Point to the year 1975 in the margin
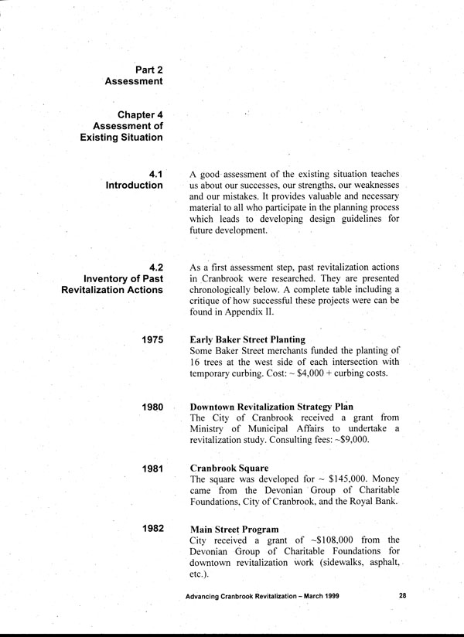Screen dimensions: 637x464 click(152, 339)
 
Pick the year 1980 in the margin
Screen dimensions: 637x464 click(152, 406)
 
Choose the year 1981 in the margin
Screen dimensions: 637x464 click(152, 469)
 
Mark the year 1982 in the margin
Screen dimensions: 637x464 click(152, 529)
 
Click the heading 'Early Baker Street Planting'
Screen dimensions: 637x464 click(247, 339)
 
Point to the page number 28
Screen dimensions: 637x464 click(403, 596)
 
